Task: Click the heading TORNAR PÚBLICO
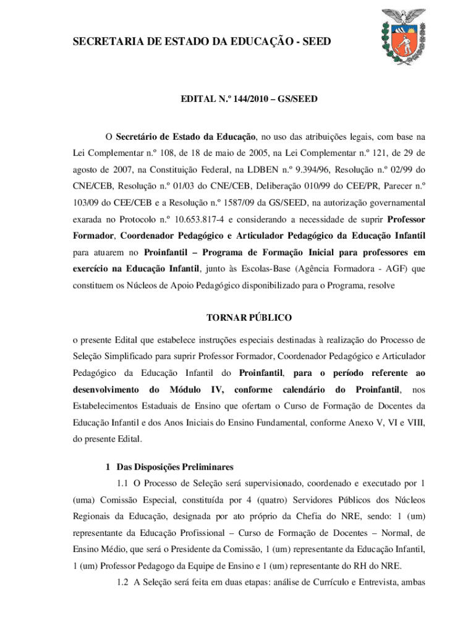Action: point(249,318)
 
